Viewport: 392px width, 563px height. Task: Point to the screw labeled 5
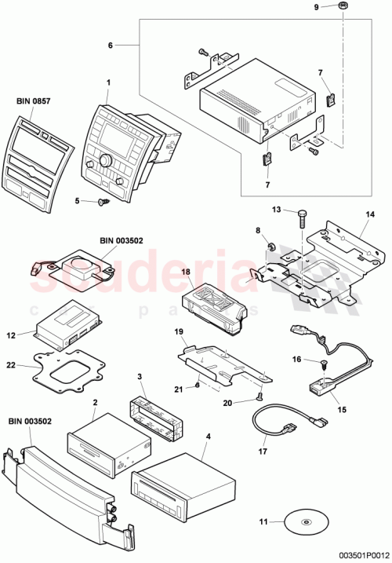pyautogui.click(x=103, y=203)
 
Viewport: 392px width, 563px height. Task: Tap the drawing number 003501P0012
pyautogui.click(x=357, y=553)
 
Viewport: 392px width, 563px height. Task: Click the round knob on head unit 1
pyautogui.click(x=102, y=162)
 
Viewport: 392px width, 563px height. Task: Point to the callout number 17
pyautogui.click(x=263, y=452)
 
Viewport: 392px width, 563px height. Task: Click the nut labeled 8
pyautogui.click(x=267, y=249)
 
